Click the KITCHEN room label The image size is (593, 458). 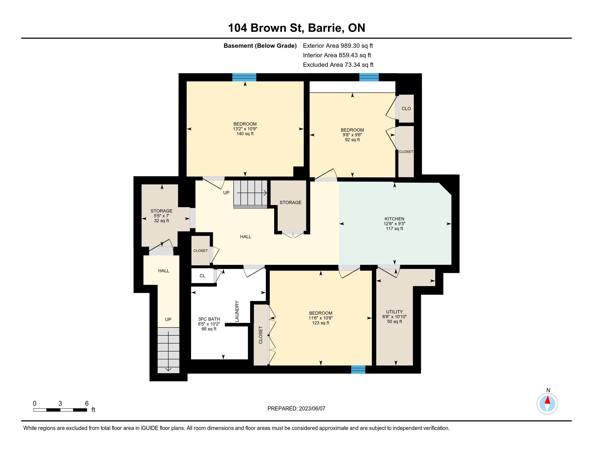click(x=394, y=219)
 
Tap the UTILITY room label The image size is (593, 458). click(x=394, y=312)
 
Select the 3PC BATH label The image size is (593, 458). click(x=209, y=319)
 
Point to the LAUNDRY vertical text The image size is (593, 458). click(x=237, y=311)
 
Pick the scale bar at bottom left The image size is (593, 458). click(x=60, y=410)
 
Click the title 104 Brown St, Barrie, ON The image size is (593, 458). click(x=296, y=28)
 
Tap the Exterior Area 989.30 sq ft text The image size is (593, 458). click(x=338, y=46)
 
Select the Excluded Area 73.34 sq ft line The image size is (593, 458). click(x=338, y=65)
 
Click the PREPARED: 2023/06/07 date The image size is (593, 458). click(x=296, y=408)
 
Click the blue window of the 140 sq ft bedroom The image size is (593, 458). click(x=244, y=77)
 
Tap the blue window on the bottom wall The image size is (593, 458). click(x=358, y=370)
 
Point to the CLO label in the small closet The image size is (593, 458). click(x=406, y=109)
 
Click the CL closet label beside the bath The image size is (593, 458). click(x=202, y=276)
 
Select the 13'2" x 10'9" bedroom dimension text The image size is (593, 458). click(x=245, y=129)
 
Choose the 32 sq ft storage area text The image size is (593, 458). click(x=161, y=221)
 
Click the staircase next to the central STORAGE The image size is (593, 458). click(x=251, y=194)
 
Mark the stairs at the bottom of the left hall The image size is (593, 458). click(x=168, y=350)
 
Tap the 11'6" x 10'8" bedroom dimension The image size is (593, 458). click(x=321, y=318)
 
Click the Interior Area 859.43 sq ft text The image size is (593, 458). click(x=337, y=55)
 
